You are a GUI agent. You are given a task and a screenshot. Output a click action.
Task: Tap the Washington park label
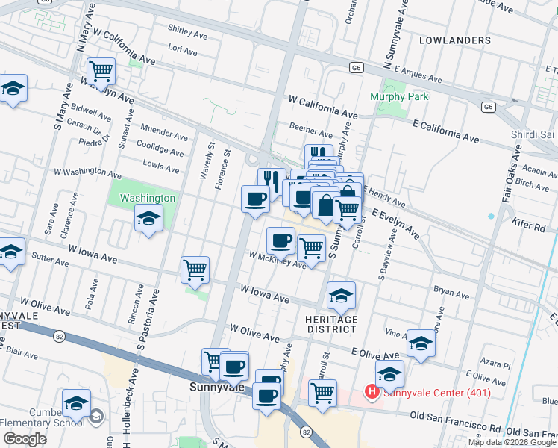click(148, 198)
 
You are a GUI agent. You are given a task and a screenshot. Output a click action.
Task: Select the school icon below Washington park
click(148, 218)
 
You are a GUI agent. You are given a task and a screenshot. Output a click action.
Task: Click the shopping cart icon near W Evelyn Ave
click(101, 72)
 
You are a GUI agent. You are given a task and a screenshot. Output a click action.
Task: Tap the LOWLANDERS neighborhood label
click(455, 40)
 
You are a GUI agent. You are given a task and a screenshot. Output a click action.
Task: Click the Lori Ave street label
click(183, 51)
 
